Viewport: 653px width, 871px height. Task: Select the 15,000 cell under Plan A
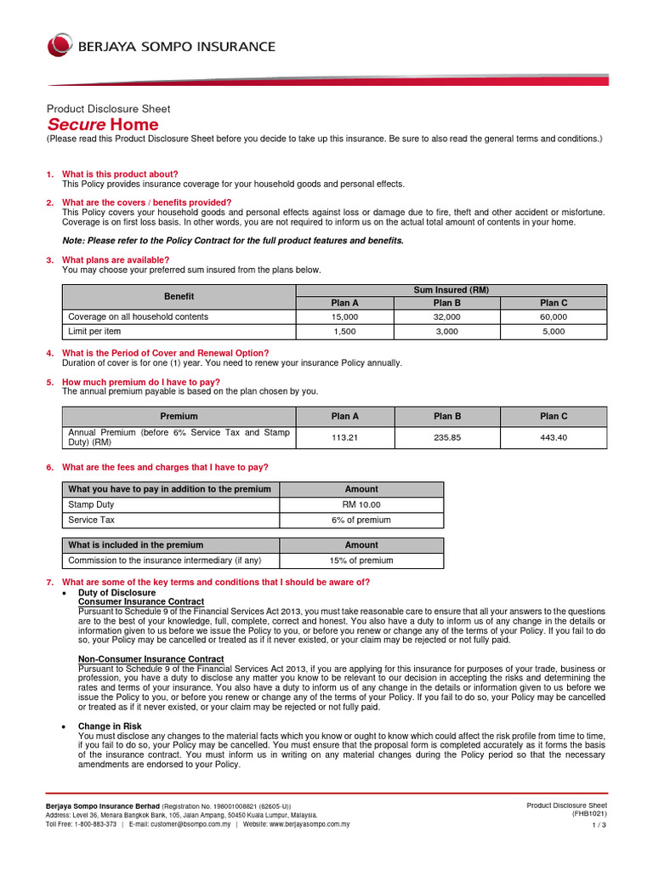pyautogui.click(x=345, y=316)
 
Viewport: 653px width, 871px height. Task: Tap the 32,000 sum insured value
pyautogui.click(x=447, y=316)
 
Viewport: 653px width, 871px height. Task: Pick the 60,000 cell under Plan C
pyautogui.click(x=554, y=316)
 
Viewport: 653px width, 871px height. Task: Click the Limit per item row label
pyautogui.click(x=94, y=332)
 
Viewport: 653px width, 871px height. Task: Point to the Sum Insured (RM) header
pyautogui.click(x=451, y=289)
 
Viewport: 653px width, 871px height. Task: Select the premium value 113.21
pyautogui.click(x=345, y=437)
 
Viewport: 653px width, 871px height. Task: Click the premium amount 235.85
pyautogui.click(x=447, y=437)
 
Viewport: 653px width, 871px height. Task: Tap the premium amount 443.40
pyautogui.click(x=554, y=437)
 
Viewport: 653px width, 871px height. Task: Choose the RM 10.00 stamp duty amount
pyautogui.click(x=361, y=504)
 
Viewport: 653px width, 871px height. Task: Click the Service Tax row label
pyautogui.click(x=91, y=520)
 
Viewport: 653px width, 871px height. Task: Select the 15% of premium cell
pyautogui.click(x=361, y=561)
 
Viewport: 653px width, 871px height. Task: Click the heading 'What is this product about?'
pyautogui.click(x=120, y=174)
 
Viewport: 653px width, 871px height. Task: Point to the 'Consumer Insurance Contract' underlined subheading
pyautogui.click(x=129, y=601)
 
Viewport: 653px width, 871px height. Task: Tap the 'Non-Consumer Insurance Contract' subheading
pyautogui.click(x=139, y=659)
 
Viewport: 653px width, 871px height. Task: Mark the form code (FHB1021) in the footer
pyautogui.click(x=588, y=813)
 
